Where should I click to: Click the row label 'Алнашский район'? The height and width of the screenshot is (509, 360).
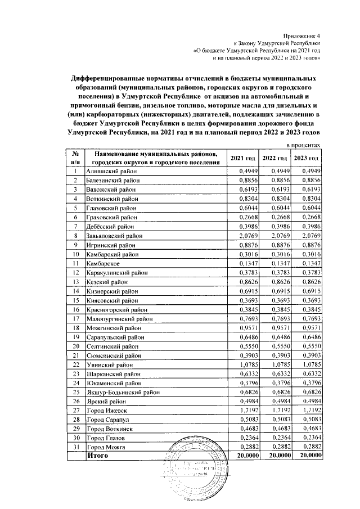110,170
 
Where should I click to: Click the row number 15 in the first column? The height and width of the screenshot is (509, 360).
74,300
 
